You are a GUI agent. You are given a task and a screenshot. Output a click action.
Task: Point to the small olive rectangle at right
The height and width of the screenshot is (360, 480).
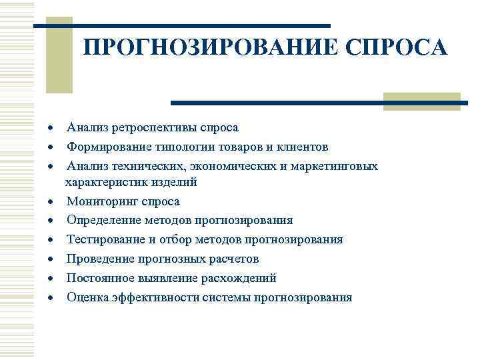[x=421, y=101]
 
